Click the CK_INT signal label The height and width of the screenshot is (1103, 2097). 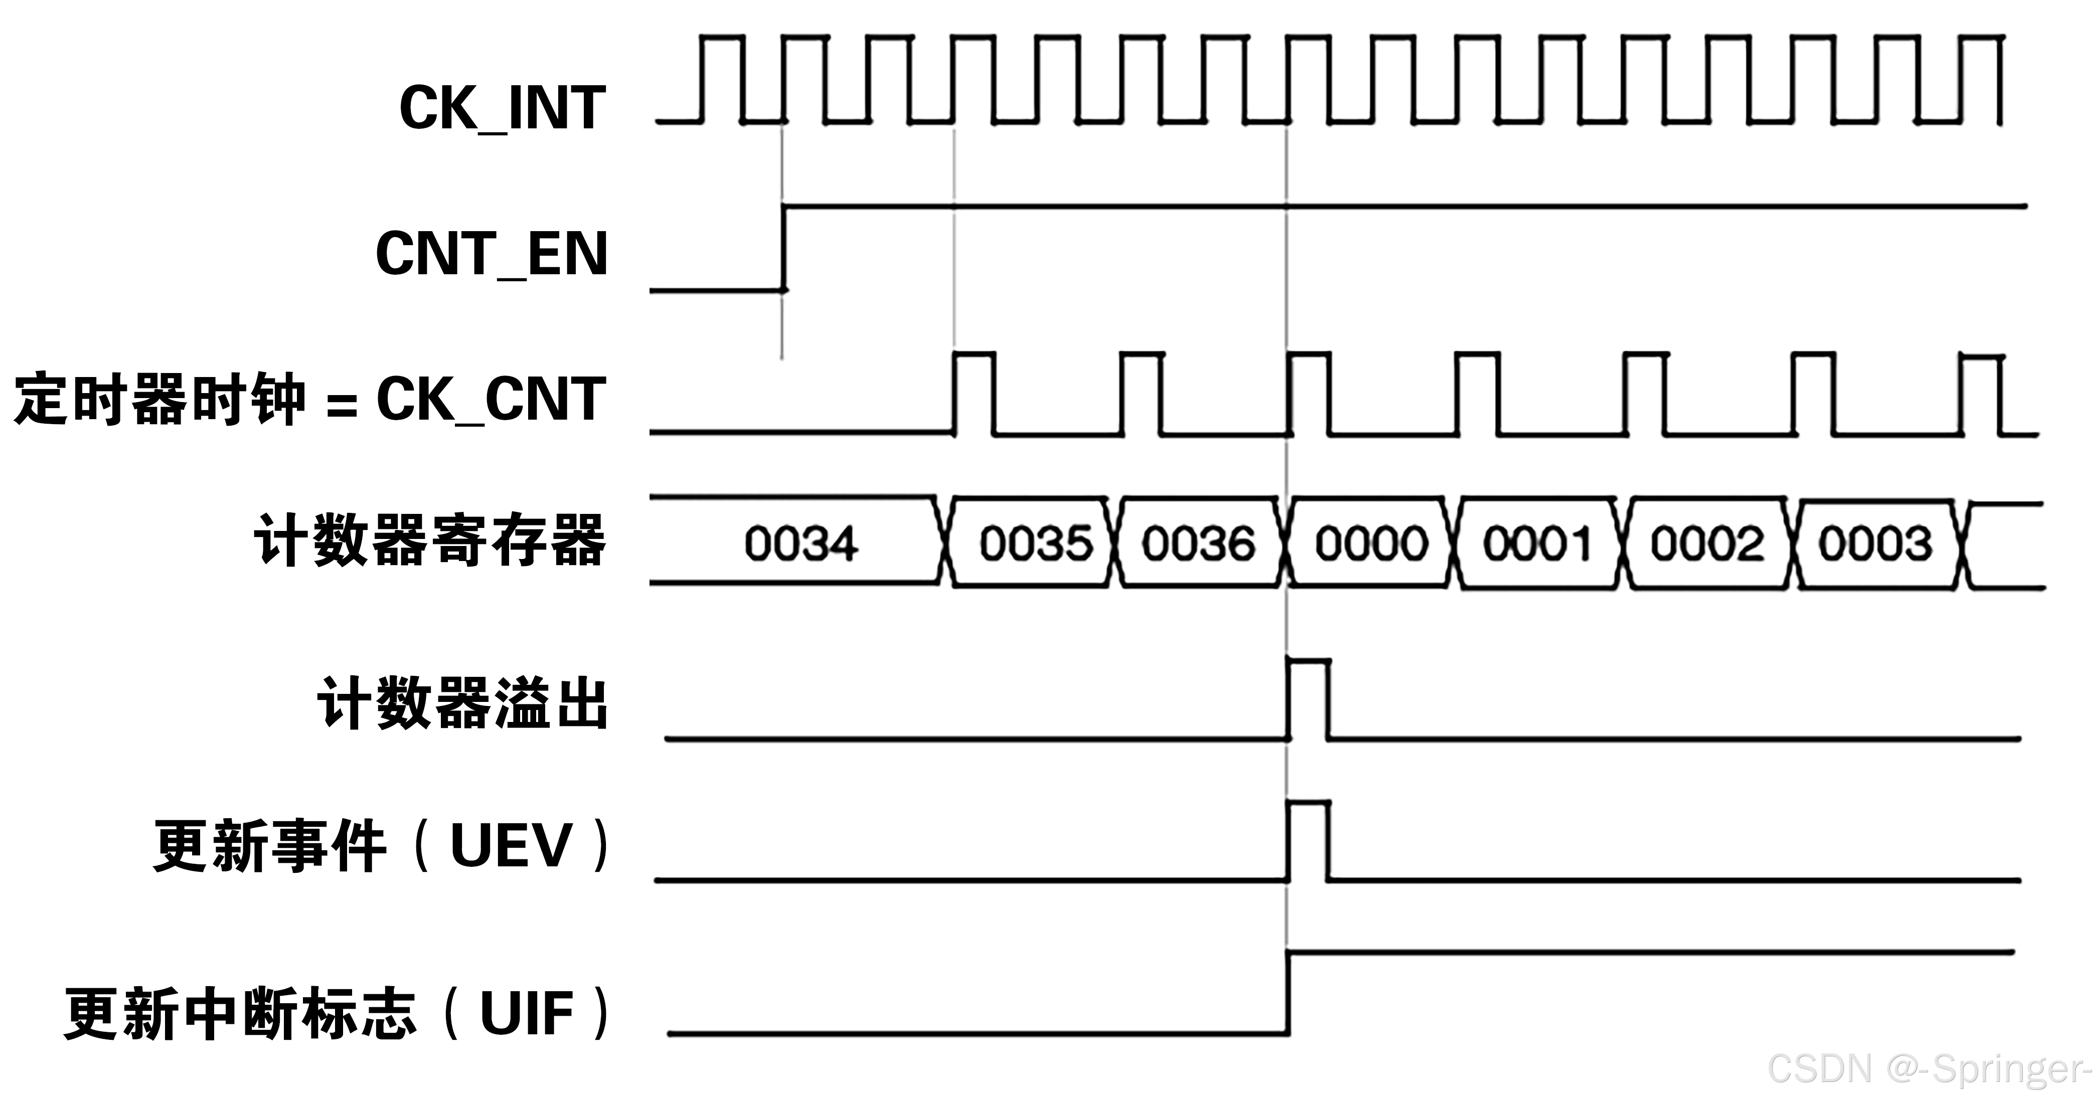[x=502, y=108]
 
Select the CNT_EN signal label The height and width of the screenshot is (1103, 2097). [x=492, y=254]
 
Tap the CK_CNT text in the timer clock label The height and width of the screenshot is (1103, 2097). [x=491, y=400]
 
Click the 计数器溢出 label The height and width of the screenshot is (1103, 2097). [x=462, y=703]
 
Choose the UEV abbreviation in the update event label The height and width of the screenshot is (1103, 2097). [x=511, y=847]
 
